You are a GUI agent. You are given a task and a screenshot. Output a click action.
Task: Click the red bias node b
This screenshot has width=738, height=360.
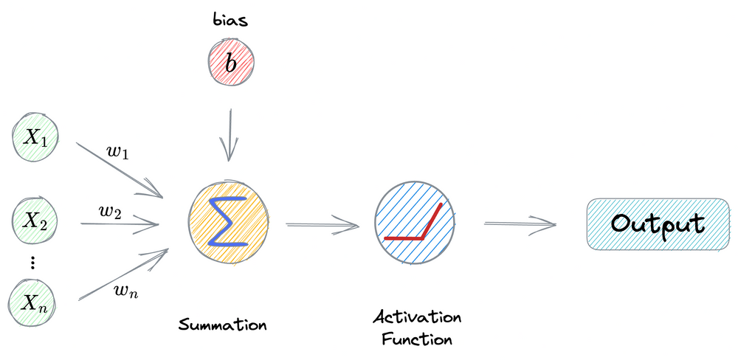point(231,64)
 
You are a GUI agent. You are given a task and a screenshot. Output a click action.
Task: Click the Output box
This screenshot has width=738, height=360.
point(658,224)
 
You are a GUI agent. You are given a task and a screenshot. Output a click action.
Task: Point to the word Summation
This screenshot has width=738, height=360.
point(222,325)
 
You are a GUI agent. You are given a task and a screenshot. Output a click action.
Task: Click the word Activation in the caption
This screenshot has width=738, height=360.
point(417,319)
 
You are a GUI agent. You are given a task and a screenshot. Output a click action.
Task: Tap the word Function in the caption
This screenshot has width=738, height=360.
point(417,340)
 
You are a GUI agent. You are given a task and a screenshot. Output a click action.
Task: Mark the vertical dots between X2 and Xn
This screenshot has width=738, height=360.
point(33,262)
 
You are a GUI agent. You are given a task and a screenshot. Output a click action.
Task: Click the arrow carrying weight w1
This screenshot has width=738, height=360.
point(118,169)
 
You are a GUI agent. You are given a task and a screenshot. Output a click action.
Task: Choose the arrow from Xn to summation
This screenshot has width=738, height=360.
point(122,276)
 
